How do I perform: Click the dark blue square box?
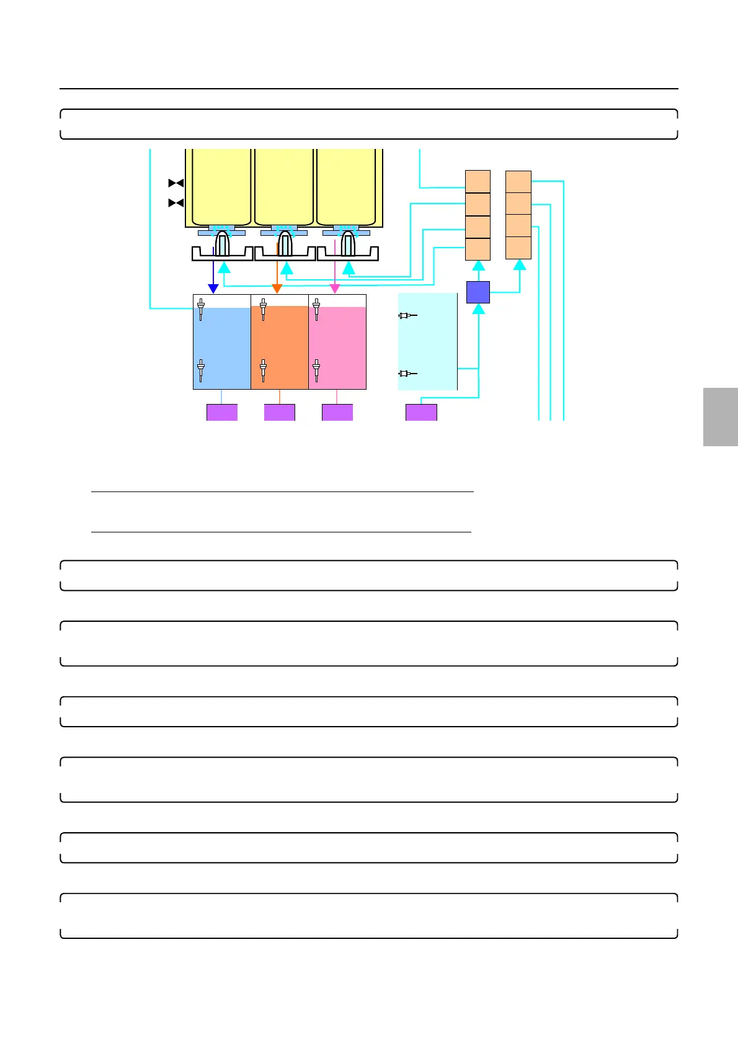click(478, 292)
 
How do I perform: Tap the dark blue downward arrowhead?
click(213, 289)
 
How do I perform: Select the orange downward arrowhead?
click(277, 289)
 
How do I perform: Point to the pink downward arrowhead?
click(335, 289)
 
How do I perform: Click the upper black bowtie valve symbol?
click(176, 183)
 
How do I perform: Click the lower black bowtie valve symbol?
click(176, 203)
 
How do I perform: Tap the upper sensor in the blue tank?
click(201, 308)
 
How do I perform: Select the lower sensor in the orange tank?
click(263, 370)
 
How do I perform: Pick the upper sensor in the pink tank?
click(316, 308)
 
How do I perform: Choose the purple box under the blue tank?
click(222, 413)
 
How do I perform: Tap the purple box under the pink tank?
click(337, 413)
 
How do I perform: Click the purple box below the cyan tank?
click(421, 413)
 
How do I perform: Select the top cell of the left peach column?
click(478, 181)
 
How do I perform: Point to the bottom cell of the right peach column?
click(518, 248)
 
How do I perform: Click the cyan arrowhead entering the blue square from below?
click(479, 308)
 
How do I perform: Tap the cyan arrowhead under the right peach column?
click(520, 265)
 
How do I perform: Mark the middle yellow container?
click(284, 186)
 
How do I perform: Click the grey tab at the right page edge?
click(721, 416)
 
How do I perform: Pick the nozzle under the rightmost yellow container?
click(347, 244)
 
